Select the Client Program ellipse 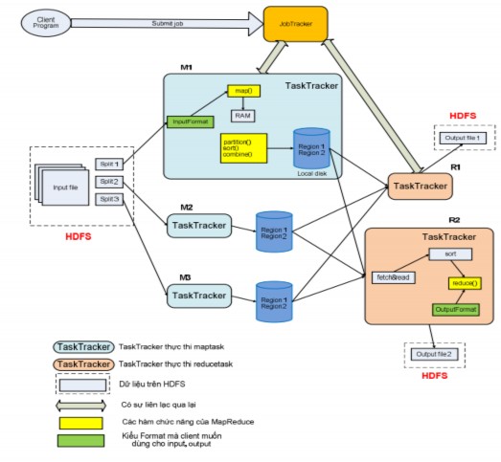point(45,21)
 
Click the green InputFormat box point(191,121)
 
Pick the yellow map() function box point(243,92)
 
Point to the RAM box point(243,115)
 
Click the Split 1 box point(109,164)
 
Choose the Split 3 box point(109,198)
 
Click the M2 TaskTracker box point(198,226)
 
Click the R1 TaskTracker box point(419,186)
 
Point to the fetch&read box point(391,276)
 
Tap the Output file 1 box point(463,139)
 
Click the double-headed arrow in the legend point(80,405)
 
